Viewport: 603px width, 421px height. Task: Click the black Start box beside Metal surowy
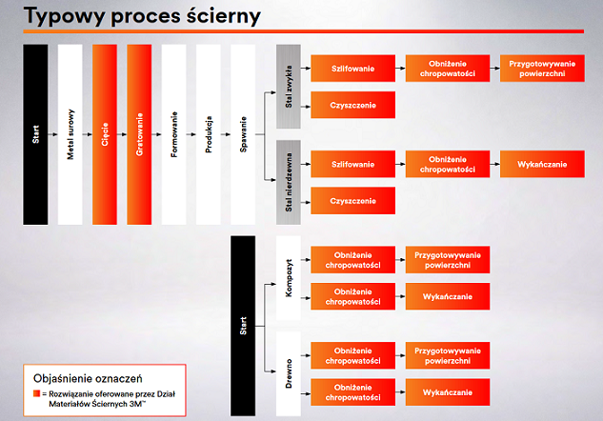coord(35,134)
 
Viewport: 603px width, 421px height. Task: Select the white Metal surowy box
coord(70,134)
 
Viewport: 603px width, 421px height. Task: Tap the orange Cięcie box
coord(105,134)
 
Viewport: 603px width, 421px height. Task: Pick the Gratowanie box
coord(139,134)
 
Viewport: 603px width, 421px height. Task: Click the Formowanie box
coord(173,134)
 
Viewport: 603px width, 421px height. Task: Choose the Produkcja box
coord(209,134)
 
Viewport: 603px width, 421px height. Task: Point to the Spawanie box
coord(243,134)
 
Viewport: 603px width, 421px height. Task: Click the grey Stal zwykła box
coord(289,86)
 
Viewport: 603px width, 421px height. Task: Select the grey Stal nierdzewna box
coord(289,182)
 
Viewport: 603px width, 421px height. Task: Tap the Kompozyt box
coord(289,278)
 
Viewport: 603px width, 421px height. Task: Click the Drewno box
coord(289,373)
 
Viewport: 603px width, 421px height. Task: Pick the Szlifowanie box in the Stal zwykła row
coord(353,69)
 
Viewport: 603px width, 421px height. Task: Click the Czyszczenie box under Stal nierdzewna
coord(353,201)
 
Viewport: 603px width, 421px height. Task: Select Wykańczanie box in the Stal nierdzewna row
coord(542,164)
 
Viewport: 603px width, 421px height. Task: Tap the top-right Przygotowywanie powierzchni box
coord(542,69)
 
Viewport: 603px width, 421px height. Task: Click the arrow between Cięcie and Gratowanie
coord(122,134)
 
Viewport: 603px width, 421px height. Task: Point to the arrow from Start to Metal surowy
coord(52,134)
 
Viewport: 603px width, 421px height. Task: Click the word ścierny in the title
coord(224,16)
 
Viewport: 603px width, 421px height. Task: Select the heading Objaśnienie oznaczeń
coord(88,379)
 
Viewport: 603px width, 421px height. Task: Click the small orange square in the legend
coord(36,393)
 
